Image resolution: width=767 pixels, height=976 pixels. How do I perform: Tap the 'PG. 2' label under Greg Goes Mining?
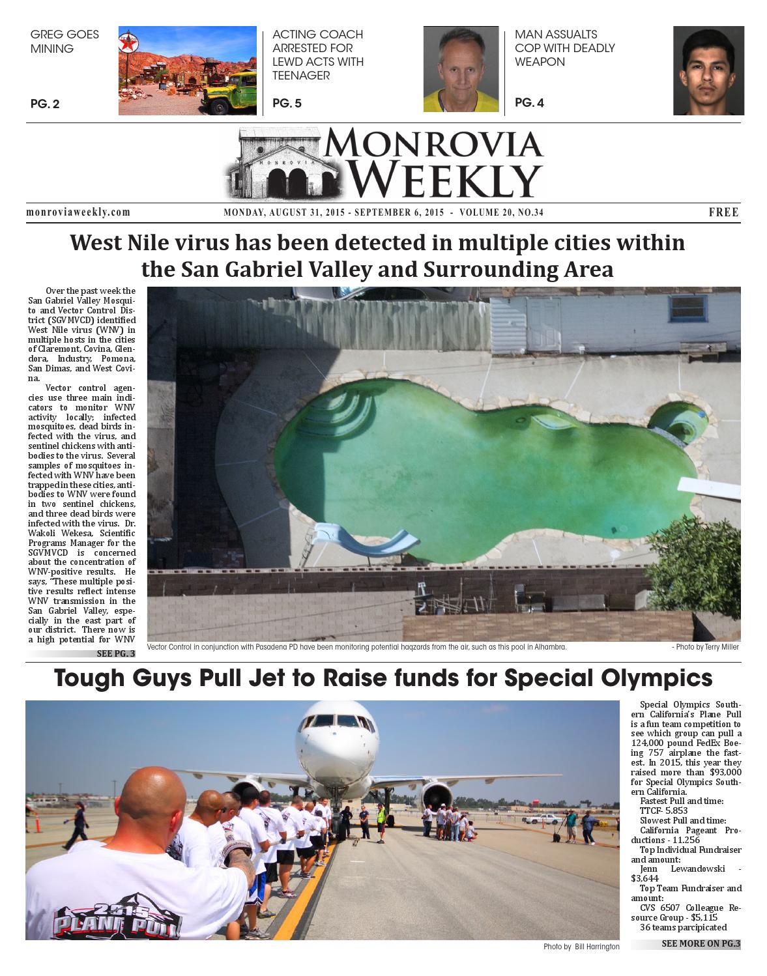point(45,104)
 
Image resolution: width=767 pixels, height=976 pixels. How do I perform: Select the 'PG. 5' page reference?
point(287,103)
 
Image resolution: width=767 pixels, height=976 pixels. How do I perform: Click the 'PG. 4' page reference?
point(529,102)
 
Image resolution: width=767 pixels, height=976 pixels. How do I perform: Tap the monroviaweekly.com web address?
point(78,212)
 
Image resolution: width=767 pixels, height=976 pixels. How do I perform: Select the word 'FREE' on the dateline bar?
point(723,212)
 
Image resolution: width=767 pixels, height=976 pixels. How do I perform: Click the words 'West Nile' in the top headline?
point(124,243)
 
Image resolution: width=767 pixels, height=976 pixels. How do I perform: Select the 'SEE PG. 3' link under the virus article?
point(115,653)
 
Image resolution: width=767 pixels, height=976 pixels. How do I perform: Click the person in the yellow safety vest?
point(381,818)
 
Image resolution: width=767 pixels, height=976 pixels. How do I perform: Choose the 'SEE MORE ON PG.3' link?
point(701,943)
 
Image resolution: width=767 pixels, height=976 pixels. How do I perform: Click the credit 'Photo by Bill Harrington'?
point(581,947)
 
